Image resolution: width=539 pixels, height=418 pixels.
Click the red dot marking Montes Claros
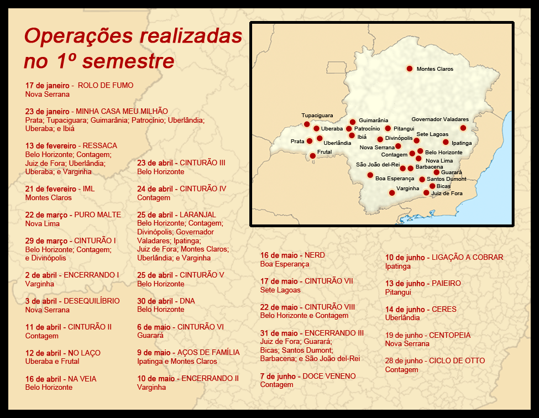click(410, 69)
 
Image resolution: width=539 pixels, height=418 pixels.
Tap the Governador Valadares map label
click(440, 119)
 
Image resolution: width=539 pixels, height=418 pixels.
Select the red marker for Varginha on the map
click(392, 193)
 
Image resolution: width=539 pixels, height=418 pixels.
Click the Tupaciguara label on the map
click(317, 116)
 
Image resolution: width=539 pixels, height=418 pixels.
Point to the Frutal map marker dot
click(312, 156)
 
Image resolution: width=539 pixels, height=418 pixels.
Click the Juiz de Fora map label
click(447, 194)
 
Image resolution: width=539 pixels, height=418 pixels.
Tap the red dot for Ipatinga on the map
click(446, 142)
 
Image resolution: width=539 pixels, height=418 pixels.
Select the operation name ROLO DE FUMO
click(106, 86)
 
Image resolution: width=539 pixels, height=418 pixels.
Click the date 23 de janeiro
click(47, 111)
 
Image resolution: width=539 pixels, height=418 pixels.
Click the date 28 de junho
click(405, 361)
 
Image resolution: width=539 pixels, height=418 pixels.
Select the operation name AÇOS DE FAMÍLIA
click(208, 353)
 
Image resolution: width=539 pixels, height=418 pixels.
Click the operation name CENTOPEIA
click(448, 335)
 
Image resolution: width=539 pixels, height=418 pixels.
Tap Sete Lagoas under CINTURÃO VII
click(280, 290)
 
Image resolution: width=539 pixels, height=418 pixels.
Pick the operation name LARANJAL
click(197, 215)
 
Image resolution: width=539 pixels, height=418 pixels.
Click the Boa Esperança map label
click(395, 179)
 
